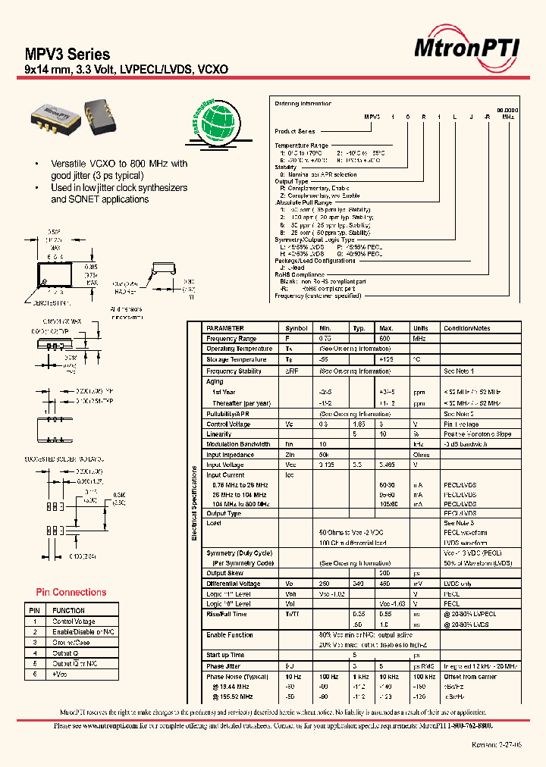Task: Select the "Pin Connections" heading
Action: [71, 592]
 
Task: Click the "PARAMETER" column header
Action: [226, 328]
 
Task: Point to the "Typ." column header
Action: [359, 328]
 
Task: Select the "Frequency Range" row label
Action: [231, 339]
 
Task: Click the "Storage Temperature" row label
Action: [236, 360]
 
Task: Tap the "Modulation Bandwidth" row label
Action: [238, 444]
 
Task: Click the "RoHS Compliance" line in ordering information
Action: [300, 275]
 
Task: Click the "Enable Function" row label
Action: [230, 634]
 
